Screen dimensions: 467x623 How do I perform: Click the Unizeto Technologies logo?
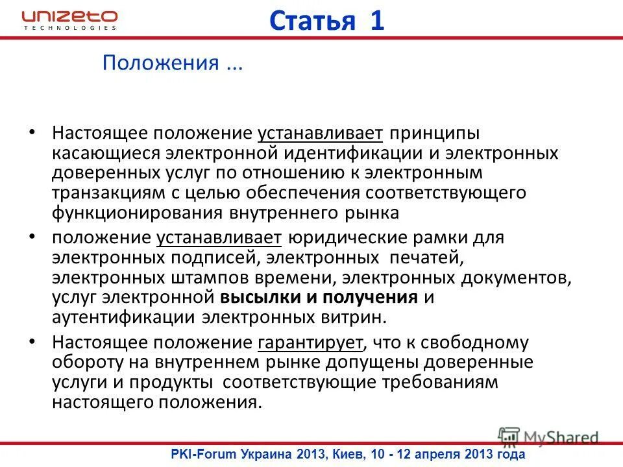(x=69, y=19)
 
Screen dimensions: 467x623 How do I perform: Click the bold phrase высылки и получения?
(x=319, y=298)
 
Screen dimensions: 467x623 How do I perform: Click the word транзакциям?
(x=105, y=193)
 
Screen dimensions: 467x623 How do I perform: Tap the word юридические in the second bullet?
(x=343, y=238)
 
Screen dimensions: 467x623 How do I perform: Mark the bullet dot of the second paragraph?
(x=33, y=238)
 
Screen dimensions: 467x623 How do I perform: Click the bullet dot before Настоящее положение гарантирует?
(x=33, y=341)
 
